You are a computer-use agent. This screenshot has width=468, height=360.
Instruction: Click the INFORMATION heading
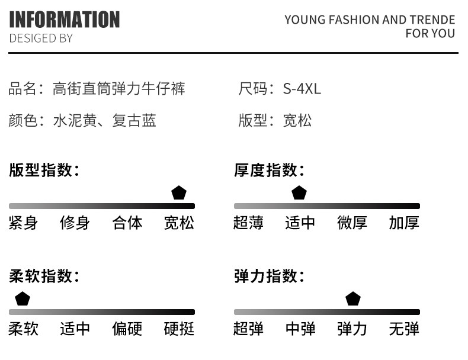point(65,20)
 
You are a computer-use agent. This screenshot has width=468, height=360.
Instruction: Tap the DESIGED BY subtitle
point(41,38)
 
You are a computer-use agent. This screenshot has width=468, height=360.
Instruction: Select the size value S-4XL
point(302,89)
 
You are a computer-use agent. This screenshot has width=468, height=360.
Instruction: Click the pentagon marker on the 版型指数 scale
point(179,193)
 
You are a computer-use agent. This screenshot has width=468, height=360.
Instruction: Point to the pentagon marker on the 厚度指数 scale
point(299,193)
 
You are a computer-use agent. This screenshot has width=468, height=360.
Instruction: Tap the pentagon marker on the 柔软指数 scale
point(23,299)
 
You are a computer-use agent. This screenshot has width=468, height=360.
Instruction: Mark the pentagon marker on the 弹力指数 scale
point(353,299)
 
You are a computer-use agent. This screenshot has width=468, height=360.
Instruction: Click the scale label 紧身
point(24,223)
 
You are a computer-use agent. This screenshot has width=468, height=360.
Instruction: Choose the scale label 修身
point(75,223)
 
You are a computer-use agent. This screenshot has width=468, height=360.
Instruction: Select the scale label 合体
point(127,223)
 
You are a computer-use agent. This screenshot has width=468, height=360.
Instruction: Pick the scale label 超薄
point(249,223)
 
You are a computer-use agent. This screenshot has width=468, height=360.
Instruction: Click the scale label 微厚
point(352,223)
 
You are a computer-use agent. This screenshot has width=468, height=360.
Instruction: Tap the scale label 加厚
point(404,223)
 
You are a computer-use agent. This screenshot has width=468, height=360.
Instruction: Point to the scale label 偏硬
point(127,329)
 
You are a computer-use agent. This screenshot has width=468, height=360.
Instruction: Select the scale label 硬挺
point(179,329)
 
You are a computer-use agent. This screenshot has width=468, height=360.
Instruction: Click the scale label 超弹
point(249,329)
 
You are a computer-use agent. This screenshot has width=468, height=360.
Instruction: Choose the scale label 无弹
point(404,329)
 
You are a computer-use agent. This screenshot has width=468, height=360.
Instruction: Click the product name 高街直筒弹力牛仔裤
point(119,89)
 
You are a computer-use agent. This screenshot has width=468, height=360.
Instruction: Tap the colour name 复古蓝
point(134,121)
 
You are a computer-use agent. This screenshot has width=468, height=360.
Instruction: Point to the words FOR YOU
point(430,34)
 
